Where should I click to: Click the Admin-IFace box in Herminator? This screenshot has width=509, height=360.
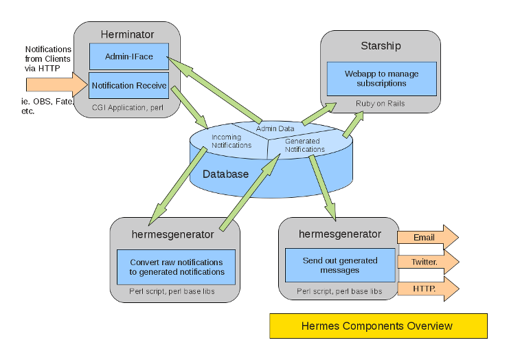(x=129, y=56)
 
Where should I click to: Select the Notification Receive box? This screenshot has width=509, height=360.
(x=129, y=85)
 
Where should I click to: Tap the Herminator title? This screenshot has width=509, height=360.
(x=127, y=34)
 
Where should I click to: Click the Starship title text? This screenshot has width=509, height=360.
(x=381, y=46)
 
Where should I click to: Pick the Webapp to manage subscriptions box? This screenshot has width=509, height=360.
(x=381, y=78)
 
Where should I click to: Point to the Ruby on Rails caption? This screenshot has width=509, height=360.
(x=380, y=104)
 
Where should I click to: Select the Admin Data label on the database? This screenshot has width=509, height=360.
(x=275, y=128)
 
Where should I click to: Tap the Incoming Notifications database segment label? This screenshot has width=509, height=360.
(x=226, y=141)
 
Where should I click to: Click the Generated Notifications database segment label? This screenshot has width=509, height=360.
(x=304, y=145)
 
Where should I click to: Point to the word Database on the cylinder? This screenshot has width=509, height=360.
(x=225, y=174)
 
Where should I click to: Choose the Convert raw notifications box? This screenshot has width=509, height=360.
(x=177, y=267)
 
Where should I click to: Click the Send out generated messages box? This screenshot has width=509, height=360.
(x=340, y=265)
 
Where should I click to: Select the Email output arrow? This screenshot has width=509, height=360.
(x=426, y=238)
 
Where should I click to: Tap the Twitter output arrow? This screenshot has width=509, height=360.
(x=426, y=262)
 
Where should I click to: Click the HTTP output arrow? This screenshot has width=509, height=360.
(x=426, y=288)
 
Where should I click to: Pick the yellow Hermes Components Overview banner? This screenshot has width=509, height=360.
(x=378, y=326)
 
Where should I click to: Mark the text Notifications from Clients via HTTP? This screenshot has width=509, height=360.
(x=48, y=59)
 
